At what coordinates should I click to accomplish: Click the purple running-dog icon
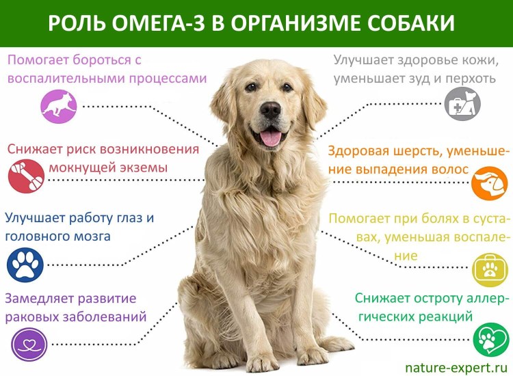pos(57,105)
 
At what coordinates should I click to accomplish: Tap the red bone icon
pos(26,176)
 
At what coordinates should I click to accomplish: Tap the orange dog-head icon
pos(488,183)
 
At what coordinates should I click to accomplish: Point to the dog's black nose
pos(271,109)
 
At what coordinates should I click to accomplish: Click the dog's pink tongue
pos(272,137)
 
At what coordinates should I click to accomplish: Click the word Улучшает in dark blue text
pos(38,218)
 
